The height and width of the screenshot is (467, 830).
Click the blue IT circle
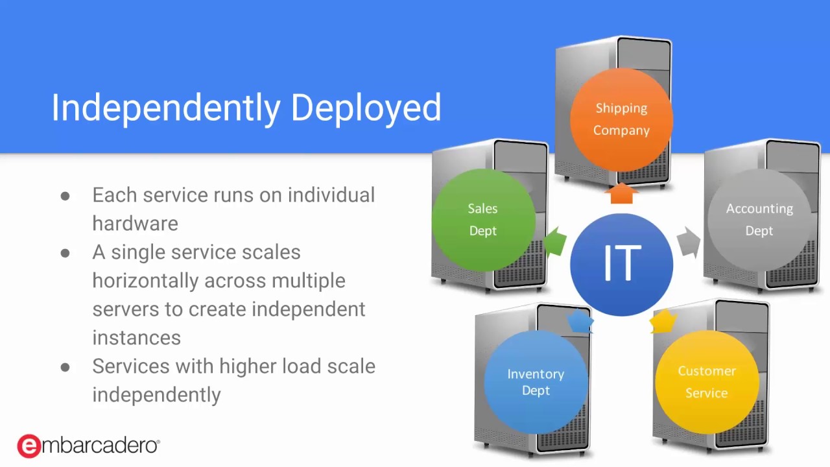tap(621, 264)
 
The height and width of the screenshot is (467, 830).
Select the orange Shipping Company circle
tap(621, 119)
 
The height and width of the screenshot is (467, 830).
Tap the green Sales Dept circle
tap(482, 220)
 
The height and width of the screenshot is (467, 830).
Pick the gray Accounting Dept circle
tap(759, 220)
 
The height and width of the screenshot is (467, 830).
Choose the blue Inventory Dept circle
tap(536, 382)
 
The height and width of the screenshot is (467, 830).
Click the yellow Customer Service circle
tap(706, 382)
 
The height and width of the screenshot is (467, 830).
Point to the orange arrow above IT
tap(621, 193)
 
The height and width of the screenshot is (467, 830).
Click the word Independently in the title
tap(165, 108)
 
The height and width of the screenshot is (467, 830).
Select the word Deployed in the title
tap(366, 108)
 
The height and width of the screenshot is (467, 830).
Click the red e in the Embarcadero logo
tap(29, 446)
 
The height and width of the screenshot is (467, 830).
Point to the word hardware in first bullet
tap(135, 224)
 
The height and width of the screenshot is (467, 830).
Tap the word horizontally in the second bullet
tap(145, 281)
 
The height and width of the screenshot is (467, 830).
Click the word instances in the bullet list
tap(136, 338)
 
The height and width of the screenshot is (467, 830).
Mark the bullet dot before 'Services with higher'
tap(65, 367)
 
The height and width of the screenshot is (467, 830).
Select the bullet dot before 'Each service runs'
tap(65, 196)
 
